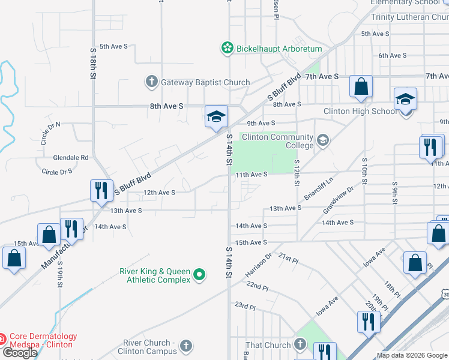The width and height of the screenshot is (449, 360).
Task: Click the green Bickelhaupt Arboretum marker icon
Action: [227, 49]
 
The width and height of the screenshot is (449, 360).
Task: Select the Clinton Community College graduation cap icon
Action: [323, 140]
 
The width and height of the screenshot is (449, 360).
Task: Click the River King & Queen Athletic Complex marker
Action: [200, 275]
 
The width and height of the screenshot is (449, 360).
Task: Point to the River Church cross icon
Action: [186, 346]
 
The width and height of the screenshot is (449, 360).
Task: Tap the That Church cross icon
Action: [301, 345]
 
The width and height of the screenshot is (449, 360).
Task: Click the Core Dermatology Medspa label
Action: [43, 340]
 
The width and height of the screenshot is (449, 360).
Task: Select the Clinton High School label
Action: [360, 111]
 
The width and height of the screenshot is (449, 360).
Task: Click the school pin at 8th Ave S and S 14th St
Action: [216, 116]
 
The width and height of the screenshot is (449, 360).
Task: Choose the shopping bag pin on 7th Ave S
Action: [361, 87]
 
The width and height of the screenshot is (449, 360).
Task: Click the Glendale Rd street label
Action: [70, 157]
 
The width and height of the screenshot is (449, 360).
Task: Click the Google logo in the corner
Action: [19, 353]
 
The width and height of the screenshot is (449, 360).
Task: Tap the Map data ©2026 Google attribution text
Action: [411, 355]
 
